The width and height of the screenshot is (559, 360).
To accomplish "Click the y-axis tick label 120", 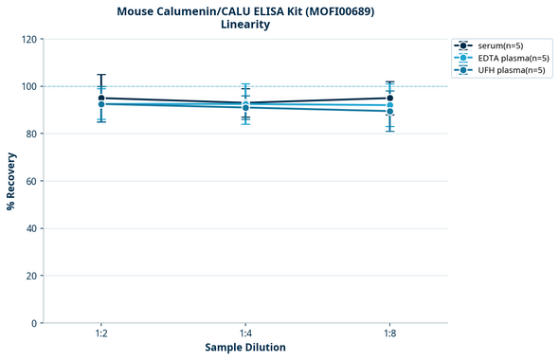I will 29,39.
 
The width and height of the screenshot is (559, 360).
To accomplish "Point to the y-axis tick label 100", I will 29,86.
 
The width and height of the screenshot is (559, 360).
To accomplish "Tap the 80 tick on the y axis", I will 32,134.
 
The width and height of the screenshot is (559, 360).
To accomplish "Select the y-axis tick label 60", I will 32,181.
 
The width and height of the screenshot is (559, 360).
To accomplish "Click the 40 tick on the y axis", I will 32,228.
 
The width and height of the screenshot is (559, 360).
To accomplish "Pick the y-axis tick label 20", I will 32,276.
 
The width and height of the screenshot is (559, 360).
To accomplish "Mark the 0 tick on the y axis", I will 35,323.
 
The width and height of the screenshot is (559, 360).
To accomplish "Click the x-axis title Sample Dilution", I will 245,348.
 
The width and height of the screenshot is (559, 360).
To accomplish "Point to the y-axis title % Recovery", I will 11,181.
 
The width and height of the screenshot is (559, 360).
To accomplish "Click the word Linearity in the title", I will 244,25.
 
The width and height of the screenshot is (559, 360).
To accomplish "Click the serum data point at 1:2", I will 101,98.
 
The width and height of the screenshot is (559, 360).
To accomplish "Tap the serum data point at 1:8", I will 389,98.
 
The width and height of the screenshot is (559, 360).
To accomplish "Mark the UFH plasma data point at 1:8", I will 389,111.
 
